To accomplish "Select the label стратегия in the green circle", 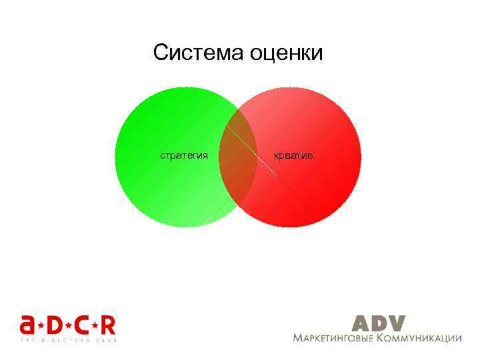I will tap(184, 155).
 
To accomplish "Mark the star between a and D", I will tap(41, 325).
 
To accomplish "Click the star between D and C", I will tap(68, 325).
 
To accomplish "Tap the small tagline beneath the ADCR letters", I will tap(67, 339).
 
